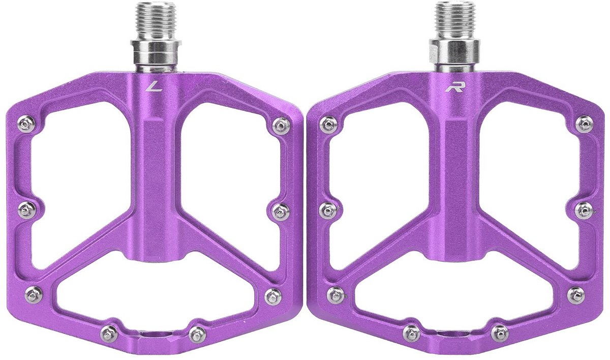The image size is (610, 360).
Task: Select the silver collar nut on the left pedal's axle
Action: (x=156, y=52)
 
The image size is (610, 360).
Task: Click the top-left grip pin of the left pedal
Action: (x=26, y=125)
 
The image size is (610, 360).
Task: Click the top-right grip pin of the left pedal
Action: (x=281, y=126)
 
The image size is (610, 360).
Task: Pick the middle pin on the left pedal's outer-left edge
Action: (x=26, y=210)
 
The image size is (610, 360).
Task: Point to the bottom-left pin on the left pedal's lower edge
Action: (x=109, y=334)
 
